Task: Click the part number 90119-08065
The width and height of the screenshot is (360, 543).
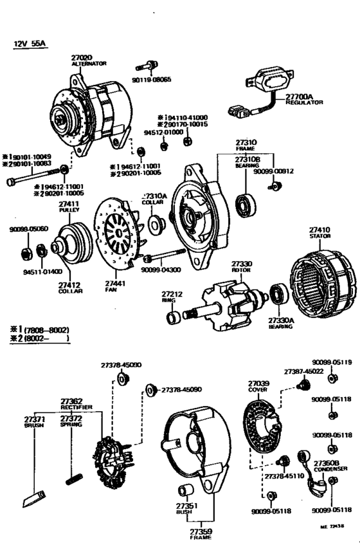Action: pyautogui.click(x=152, y=79)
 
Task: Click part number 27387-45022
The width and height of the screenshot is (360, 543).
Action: pyautogui.click(x=304, y=371)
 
